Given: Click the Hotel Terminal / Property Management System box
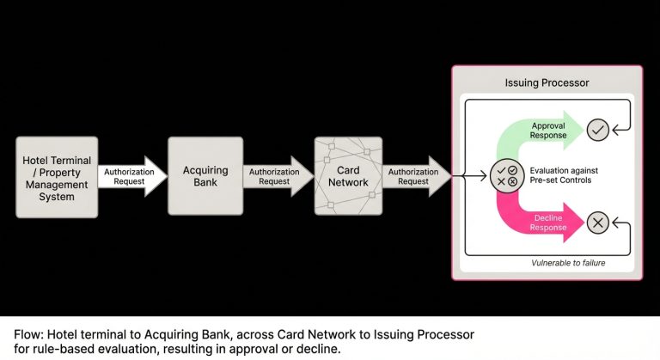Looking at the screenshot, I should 57,176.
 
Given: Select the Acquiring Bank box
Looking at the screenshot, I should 205,176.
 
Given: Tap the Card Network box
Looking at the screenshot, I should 349,176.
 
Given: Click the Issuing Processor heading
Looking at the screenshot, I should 547,83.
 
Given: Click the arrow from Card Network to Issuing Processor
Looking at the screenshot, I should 415,176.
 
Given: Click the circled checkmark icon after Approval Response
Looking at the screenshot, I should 598,130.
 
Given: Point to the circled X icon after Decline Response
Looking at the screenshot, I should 598,223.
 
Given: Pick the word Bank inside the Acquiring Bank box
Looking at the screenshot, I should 205,183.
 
